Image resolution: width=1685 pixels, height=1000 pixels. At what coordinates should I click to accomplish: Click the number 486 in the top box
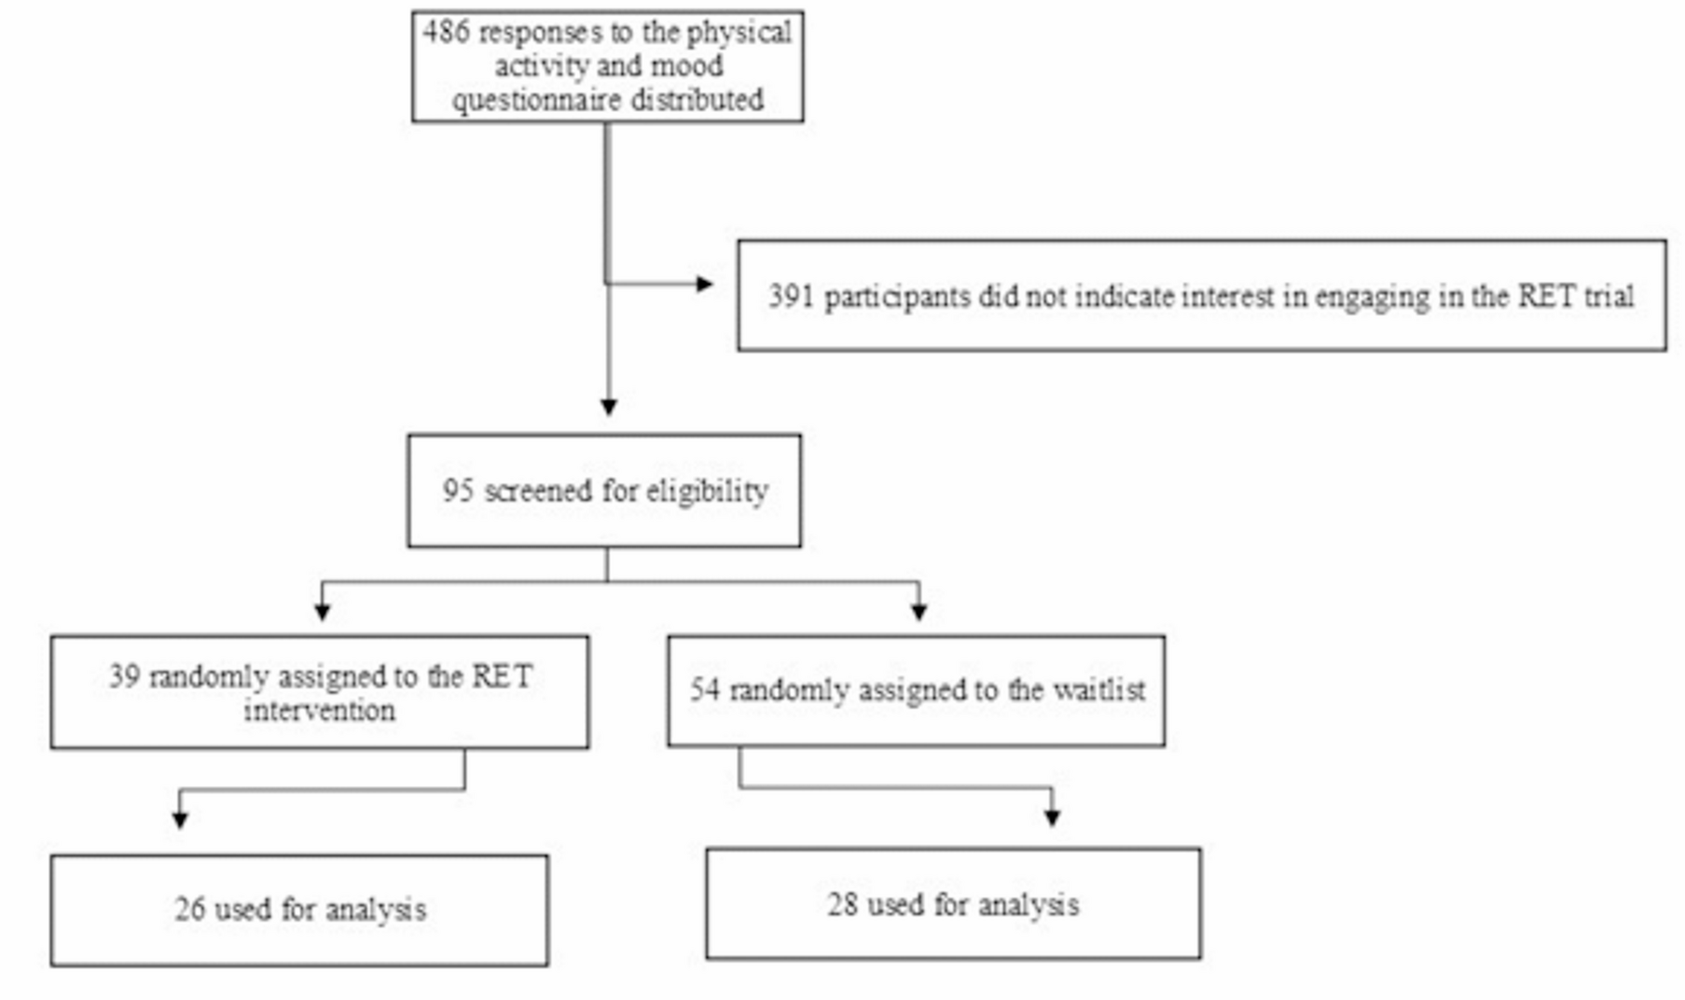coord(446,33)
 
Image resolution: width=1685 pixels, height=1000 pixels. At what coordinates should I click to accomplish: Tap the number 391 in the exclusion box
coord(791,297)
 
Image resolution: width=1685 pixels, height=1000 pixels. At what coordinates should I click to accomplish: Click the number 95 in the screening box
coord(458,491)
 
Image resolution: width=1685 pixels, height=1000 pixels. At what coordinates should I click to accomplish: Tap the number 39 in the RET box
coord(124,676)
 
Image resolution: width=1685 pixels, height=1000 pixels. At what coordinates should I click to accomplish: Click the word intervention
coord(320,711)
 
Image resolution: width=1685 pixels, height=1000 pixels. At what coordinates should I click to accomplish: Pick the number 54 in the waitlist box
coord(705,690)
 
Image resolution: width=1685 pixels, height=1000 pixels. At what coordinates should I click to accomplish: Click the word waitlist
coord(1099,690)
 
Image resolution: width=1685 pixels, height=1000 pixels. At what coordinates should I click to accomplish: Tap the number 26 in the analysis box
coord(189,910)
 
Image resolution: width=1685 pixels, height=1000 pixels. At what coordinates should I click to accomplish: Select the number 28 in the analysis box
coord(842,905)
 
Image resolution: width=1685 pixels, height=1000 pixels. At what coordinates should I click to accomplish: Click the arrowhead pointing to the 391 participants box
coord(705,284)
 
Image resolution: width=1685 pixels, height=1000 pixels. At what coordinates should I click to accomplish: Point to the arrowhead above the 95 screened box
coord(609,407)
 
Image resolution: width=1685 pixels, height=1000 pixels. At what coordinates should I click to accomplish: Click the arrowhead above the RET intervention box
coord(323,611)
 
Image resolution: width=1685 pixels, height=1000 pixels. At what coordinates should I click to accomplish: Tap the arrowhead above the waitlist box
coord(919,611)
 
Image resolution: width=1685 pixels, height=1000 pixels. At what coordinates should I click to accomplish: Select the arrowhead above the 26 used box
coord(181,819)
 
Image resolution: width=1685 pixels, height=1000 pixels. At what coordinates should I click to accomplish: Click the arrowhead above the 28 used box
coord(1053,817)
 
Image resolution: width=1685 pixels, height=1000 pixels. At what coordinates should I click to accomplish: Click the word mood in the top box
coord(686,66)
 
